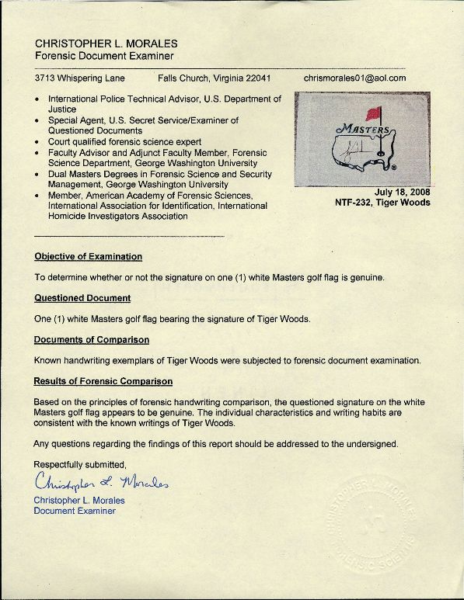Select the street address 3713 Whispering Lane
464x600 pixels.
click(82, 79)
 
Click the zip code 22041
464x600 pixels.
click(257, 79)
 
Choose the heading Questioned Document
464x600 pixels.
click(82, 297)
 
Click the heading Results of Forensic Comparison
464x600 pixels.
click(103, 382)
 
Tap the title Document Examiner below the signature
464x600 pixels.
click(75, 512)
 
